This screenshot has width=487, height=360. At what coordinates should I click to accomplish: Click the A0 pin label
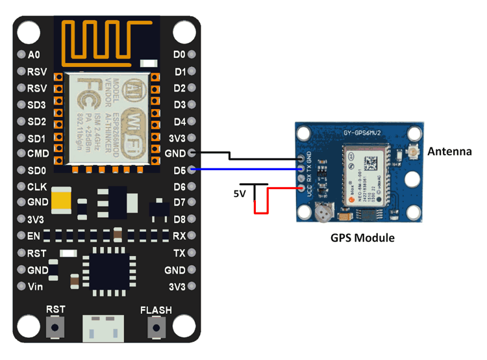pos(34,55)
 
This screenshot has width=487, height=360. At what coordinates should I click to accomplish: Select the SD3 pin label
pos(36,105)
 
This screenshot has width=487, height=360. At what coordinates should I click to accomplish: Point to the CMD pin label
pos(37,155)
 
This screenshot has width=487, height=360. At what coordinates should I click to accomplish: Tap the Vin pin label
pos(35,287)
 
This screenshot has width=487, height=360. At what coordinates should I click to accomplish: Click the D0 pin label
pos(180,55)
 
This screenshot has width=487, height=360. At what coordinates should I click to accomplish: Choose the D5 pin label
pos(180,170)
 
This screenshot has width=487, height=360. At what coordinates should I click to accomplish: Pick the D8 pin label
pos(180,220)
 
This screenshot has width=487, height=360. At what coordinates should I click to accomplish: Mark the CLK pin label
pos(36,187)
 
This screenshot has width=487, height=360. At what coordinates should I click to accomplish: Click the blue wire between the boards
pos(247,170)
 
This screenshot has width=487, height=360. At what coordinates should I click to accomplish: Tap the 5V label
pos(240,194)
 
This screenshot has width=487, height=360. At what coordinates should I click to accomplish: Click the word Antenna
pos(449,152)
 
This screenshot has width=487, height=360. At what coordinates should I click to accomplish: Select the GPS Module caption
pos(362,238)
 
